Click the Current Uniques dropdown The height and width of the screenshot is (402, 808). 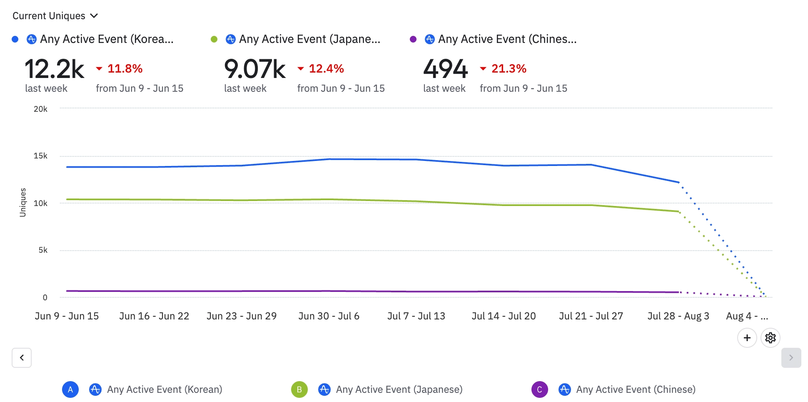[x=55, y=16]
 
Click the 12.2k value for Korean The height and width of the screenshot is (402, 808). [x=55, y=69]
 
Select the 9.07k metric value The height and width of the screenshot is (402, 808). [x=254, y=69]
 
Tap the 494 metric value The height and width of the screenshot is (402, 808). [x=445, y=69]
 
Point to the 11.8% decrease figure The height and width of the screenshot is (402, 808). [x=125, y=68]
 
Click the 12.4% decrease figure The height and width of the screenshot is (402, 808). [x=326, y=68]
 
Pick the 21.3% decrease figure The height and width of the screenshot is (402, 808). [x=509, y=68]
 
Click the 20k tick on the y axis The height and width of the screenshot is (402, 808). [x=40, y=109]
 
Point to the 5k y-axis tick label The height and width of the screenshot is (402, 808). [x=43, y=250]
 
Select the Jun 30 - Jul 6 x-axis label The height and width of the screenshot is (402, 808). [x=329, y=316]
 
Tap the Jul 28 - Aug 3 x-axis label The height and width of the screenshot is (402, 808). [x=678, y=316]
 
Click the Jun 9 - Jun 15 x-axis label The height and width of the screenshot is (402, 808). [x=67, y=316]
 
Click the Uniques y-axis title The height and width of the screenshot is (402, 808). [x=23, y=203]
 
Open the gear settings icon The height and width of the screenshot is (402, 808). [x=770, y=338]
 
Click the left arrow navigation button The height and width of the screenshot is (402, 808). [x=22, y=358]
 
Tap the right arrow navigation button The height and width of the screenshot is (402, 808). [x=791, y=358]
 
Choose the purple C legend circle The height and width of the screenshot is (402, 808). [x=539, y=389]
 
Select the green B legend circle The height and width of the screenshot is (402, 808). [x=299, y=389]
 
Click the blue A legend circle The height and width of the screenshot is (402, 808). [x=70, y=389]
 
